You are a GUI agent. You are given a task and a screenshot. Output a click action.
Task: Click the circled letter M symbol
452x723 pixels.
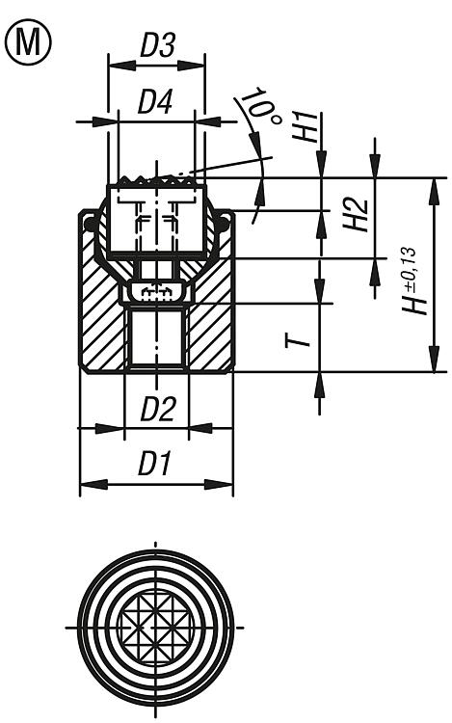pos(28,42)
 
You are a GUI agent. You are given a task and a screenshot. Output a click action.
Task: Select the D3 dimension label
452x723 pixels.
pos(157,46)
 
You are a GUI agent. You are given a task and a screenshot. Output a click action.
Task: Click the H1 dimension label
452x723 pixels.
pos(306,125)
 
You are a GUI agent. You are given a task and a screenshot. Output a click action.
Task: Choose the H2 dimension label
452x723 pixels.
pos(356,215)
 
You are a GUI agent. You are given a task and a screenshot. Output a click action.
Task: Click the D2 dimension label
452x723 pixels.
pos(158,409)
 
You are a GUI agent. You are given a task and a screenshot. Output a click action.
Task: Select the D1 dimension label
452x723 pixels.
pos(155,464)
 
